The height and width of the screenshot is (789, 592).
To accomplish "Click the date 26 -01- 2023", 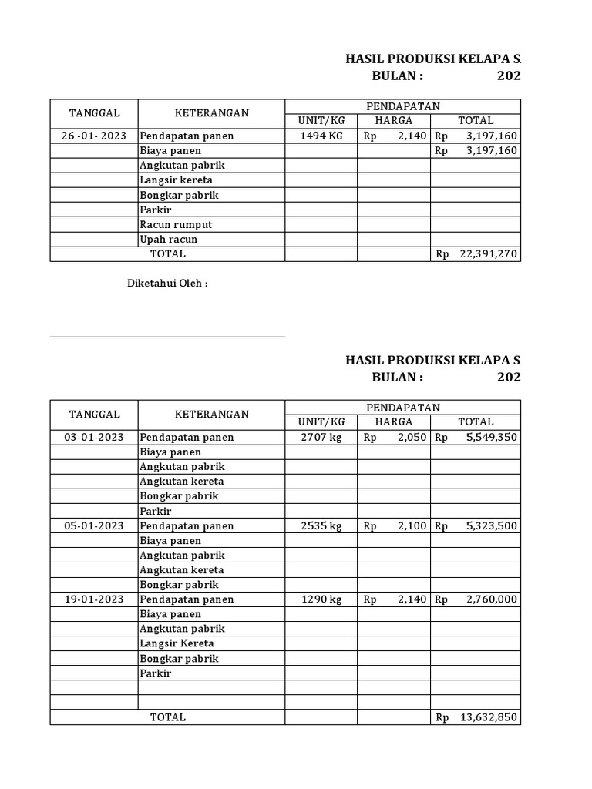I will (x=94, y=136).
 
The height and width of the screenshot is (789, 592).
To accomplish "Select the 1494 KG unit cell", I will (x=321, y=136).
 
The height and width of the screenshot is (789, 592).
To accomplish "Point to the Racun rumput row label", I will (x=176, y=224).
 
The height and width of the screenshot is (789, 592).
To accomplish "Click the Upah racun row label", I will (x=169, y=239).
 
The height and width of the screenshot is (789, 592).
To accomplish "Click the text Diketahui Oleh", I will (x=167, y=284).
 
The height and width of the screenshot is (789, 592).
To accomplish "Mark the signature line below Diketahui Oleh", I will (x=167, y=337).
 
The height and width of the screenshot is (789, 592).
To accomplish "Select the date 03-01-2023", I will (x=94, y=437).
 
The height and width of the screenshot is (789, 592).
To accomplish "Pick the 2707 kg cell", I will (x=321, y=437).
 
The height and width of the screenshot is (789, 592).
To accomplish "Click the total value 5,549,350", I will (x=491, y=437).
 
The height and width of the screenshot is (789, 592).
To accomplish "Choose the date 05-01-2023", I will (x=94, y=525).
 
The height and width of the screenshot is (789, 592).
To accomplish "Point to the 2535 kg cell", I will (x=321, y=525).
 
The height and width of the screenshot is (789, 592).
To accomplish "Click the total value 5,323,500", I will (x=491, y=525).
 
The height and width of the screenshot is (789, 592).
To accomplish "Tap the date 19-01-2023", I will (x=94, y=599).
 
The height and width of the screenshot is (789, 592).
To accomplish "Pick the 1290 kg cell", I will (x=321, y=599).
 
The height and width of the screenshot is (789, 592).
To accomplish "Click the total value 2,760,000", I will (x=491, y=599).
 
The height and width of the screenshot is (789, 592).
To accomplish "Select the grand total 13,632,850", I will (x=489, y=717).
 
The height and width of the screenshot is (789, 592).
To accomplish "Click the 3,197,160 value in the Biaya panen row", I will (x=491, y=150).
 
